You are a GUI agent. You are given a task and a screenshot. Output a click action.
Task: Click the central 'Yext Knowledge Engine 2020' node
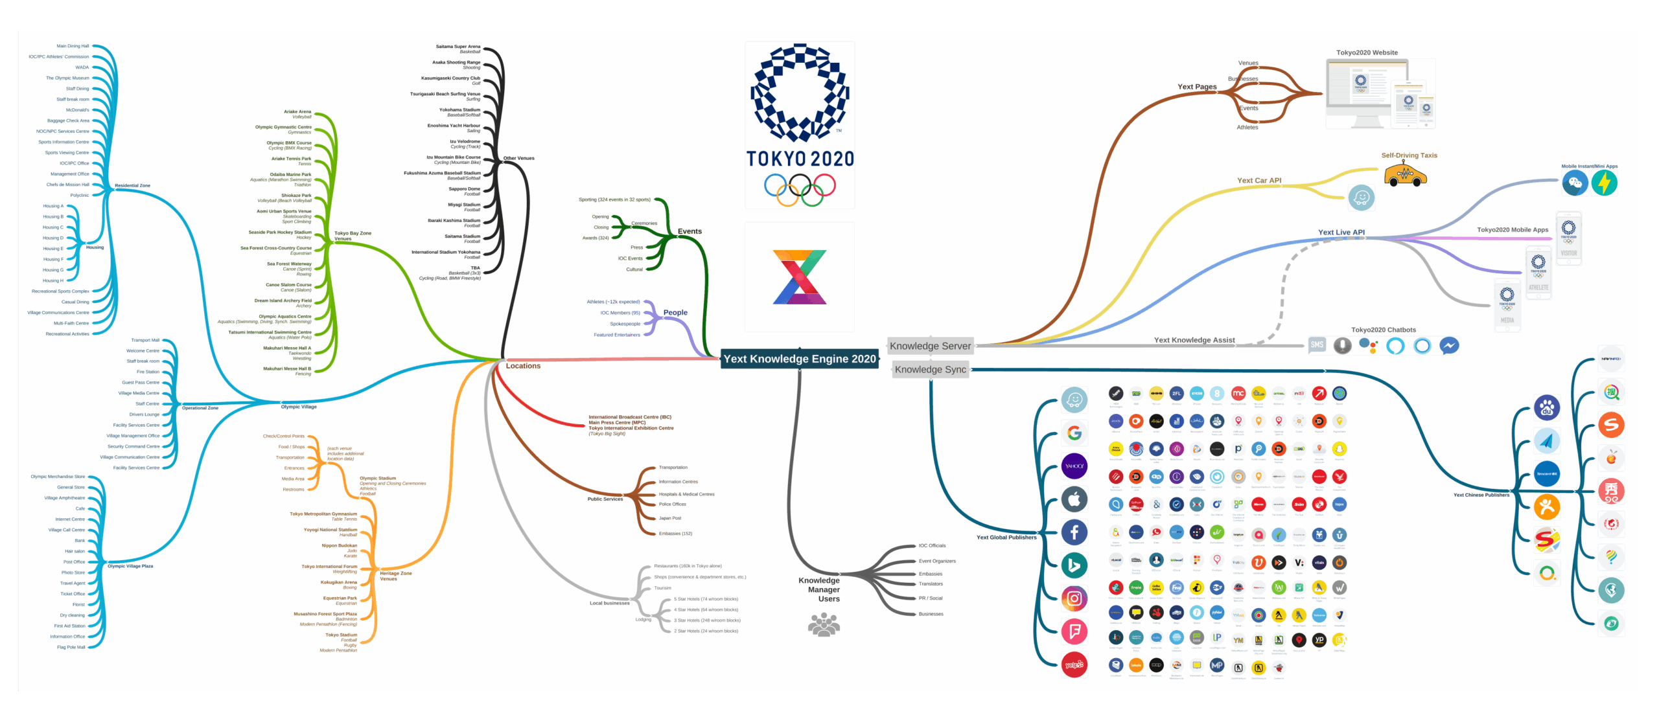799,359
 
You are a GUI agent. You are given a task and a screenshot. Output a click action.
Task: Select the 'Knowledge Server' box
930,346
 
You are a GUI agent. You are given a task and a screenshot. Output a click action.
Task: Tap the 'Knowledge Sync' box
930,370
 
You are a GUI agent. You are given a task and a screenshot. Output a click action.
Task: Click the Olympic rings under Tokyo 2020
800,188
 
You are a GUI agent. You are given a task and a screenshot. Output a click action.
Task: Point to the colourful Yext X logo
800,277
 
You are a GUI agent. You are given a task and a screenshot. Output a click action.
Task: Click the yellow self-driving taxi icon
1404,175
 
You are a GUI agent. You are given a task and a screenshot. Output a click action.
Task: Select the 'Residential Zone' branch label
132,186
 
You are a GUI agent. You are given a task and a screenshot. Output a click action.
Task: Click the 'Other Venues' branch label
518,158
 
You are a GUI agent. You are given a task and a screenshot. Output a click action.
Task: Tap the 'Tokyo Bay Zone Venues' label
352,236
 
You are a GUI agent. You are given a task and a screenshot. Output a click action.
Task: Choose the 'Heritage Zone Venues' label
395,576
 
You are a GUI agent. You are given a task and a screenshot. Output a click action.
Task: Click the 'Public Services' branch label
605,499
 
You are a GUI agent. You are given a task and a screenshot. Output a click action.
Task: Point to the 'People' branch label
675,313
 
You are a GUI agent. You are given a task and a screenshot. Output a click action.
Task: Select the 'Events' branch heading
690,231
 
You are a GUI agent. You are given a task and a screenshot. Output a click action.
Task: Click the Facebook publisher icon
1074,532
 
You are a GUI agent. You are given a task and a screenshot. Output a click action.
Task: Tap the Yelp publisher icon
1074,664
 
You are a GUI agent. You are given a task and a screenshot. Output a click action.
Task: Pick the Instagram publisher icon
1074,598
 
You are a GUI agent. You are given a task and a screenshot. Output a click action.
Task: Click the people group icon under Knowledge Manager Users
824,625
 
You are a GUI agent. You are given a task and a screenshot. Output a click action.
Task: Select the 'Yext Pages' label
1196,87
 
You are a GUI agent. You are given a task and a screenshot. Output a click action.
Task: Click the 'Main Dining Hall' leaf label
73,46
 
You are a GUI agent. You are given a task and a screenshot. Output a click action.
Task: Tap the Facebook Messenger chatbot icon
1449,346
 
